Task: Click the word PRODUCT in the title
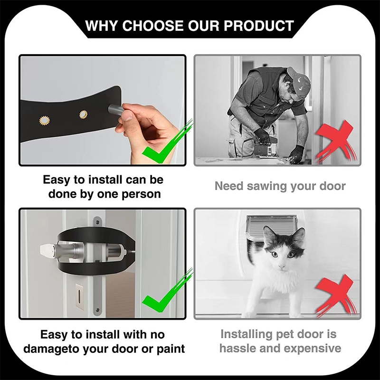pyautogui.click(x=258, y=26)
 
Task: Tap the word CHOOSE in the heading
pyautogui.click(x=153, y=26)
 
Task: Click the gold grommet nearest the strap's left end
pyautogui.click(x=45, y=121)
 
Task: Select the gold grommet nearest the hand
pyautogui.click(x=84, y=114)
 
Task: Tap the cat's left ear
pyautogui.click(x=269, y=234)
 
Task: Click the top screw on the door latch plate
pyautogui.click(x=97, y=222)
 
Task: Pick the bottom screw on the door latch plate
pyautogui.click(x=97, y=310)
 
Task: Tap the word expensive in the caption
pyautogui.click(x=313, y=349)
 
